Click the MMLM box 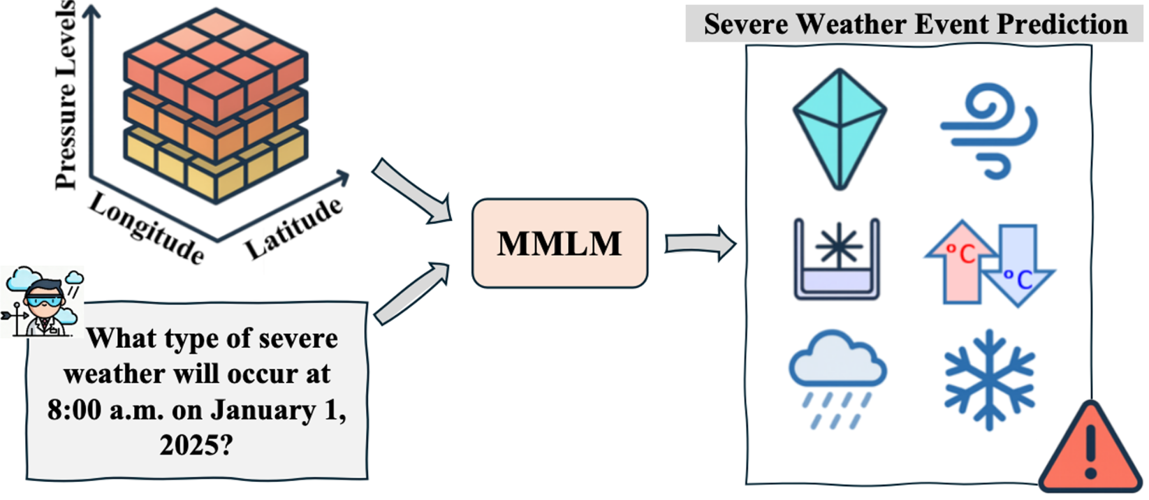coord(559,243)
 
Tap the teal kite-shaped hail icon coord(840,128)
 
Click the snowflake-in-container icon coord(837,259)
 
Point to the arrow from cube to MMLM coord(413,191)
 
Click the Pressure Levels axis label coord(66,94)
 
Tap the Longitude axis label coord(146,228)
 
